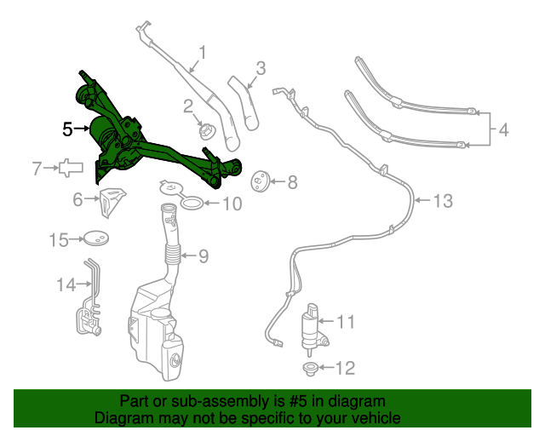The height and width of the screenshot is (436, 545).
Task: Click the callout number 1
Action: coord(202,54)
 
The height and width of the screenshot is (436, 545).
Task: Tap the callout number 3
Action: coord(261,67)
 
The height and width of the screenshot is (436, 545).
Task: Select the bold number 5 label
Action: coord(68,129)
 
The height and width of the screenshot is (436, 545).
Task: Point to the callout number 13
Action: coord(443,202)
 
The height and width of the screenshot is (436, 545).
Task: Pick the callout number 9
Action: coord(203,255)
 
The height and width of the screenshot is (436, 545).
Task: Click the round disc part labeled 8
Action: coord(260,181)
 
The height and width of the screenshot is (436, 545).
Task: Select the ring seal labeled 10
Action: coord(192,204)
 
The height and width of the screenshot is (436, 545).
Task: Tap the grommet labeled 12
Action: coord(310,368)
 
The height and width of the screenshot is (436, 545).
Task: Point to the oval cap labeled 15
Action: coord(99,240)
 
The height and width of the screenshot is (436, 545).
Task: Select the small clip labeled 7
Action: coord(68,168)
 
